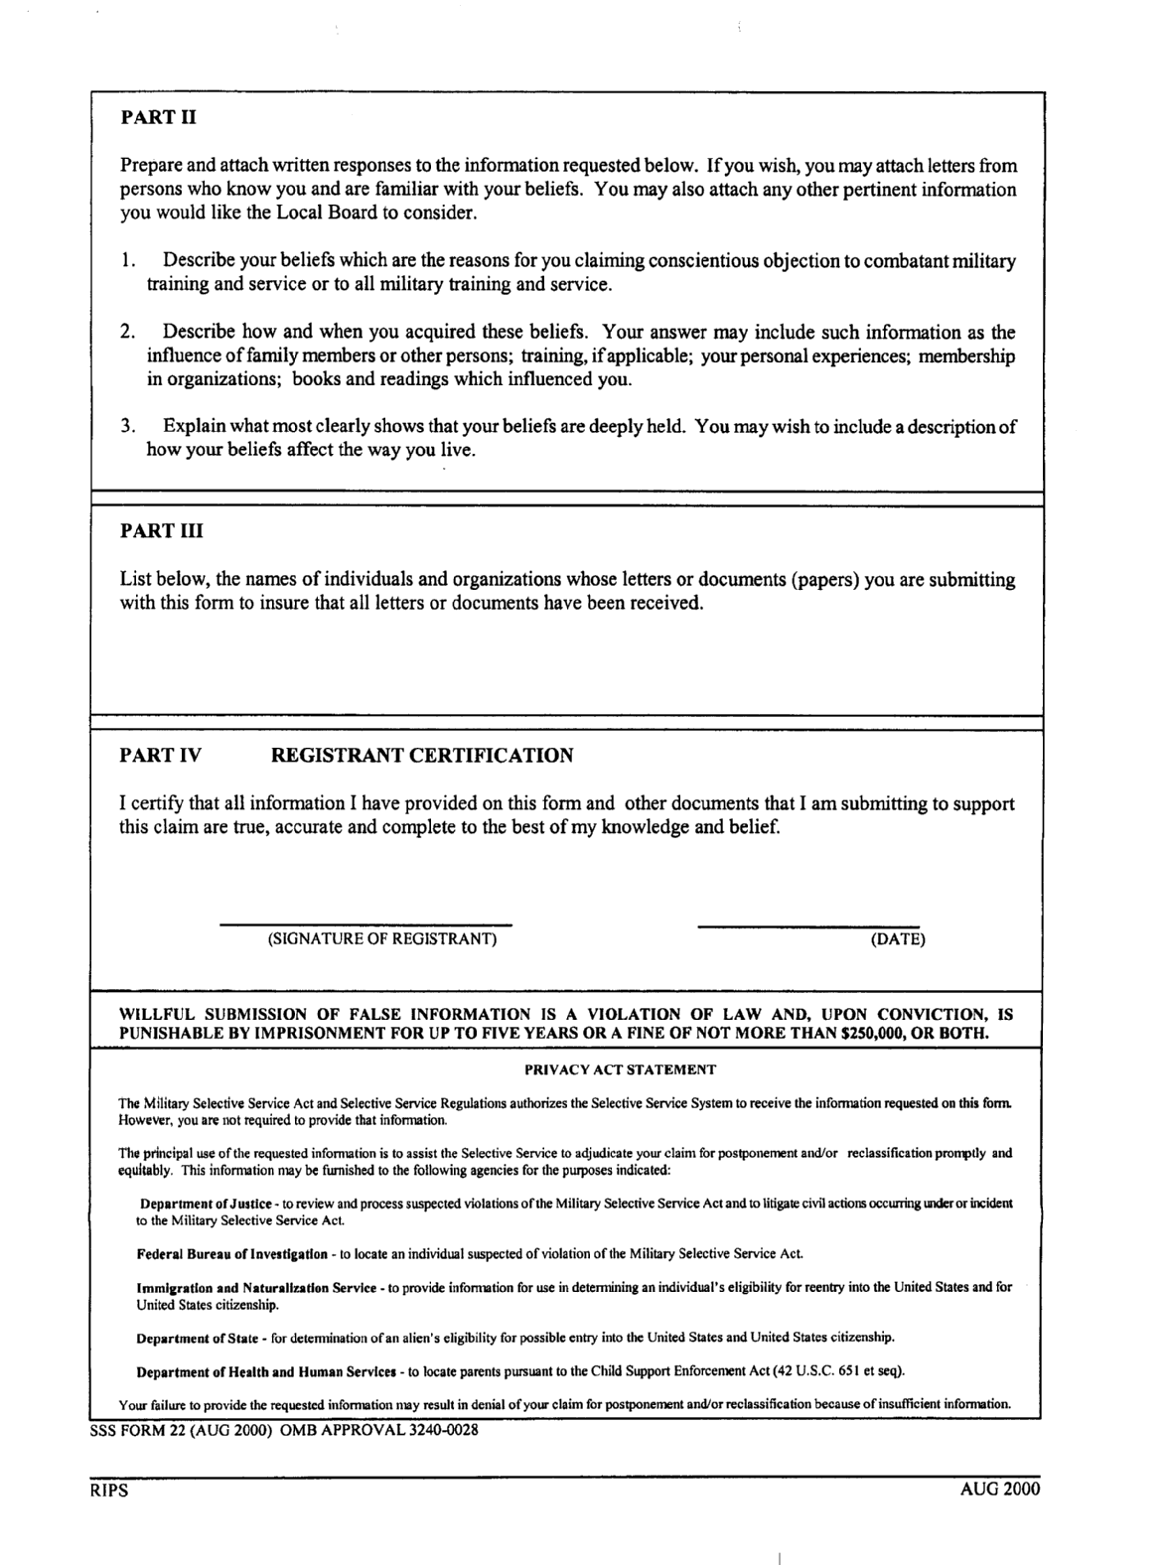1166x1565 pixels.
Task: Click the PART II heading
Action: click(159, 117)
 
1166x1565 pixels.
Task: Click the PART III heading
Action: click(162, 530)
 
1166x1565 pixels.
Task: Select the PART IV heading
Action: click(161, 756)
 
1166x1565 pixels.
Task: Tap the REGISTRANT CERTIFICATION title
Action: click(422, 756)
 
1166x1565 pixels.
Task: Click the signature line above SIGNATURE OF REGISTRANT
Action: click(365, 924)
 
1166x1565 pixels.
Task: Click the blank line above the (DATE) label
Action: click(808, 926)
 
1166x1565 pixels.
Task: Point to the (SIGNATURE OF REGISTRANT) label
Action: click(382, 939)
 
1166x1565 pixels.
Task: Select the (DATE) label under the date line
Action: click(898, 939)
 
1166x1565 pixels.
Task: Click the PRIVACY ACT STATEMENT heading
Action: click(620, 1070)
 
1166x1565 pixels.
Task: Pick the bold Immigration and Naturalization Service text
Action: click(256, 1288)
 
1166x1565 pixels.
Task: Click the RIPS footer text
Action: click(104, 1491)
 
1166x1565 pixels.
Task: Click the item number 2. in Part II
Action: click(127, 333)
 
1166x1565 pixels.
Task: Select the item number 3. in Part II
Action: click(127, 427)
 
